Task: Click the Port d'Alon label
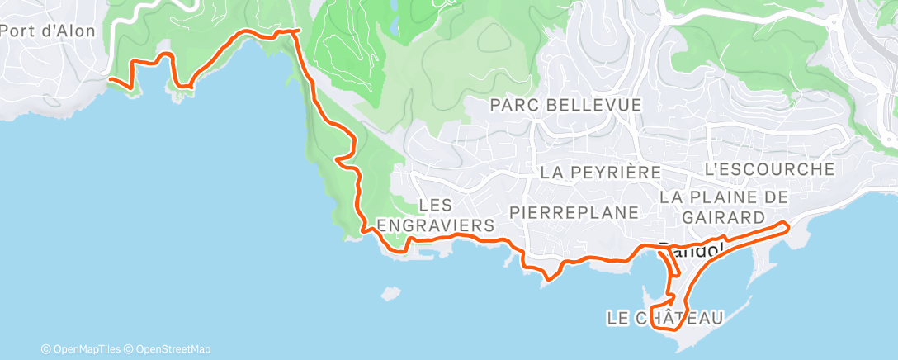[48, 31]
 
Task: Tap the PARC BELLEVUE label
[565, 106]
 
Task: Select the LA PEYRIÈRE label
[601, 173]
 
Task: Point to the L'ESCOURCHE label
[769, 169]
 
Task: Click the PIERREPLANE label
[574, 212]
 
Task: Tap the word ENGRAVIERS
[435, 225]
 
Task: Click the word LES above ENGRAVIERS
[433, 204]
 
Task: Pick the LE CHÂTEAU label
[664, 317]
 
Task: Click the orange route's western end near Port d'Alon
[111, 79]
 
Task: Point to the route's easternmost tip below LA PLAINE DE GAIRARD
[789, 225]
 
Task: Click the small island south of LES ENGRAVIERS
[390, 292]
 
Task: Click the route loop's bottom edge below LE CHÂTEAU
[665, 329]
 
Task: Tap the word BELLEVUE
[595, 106]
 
